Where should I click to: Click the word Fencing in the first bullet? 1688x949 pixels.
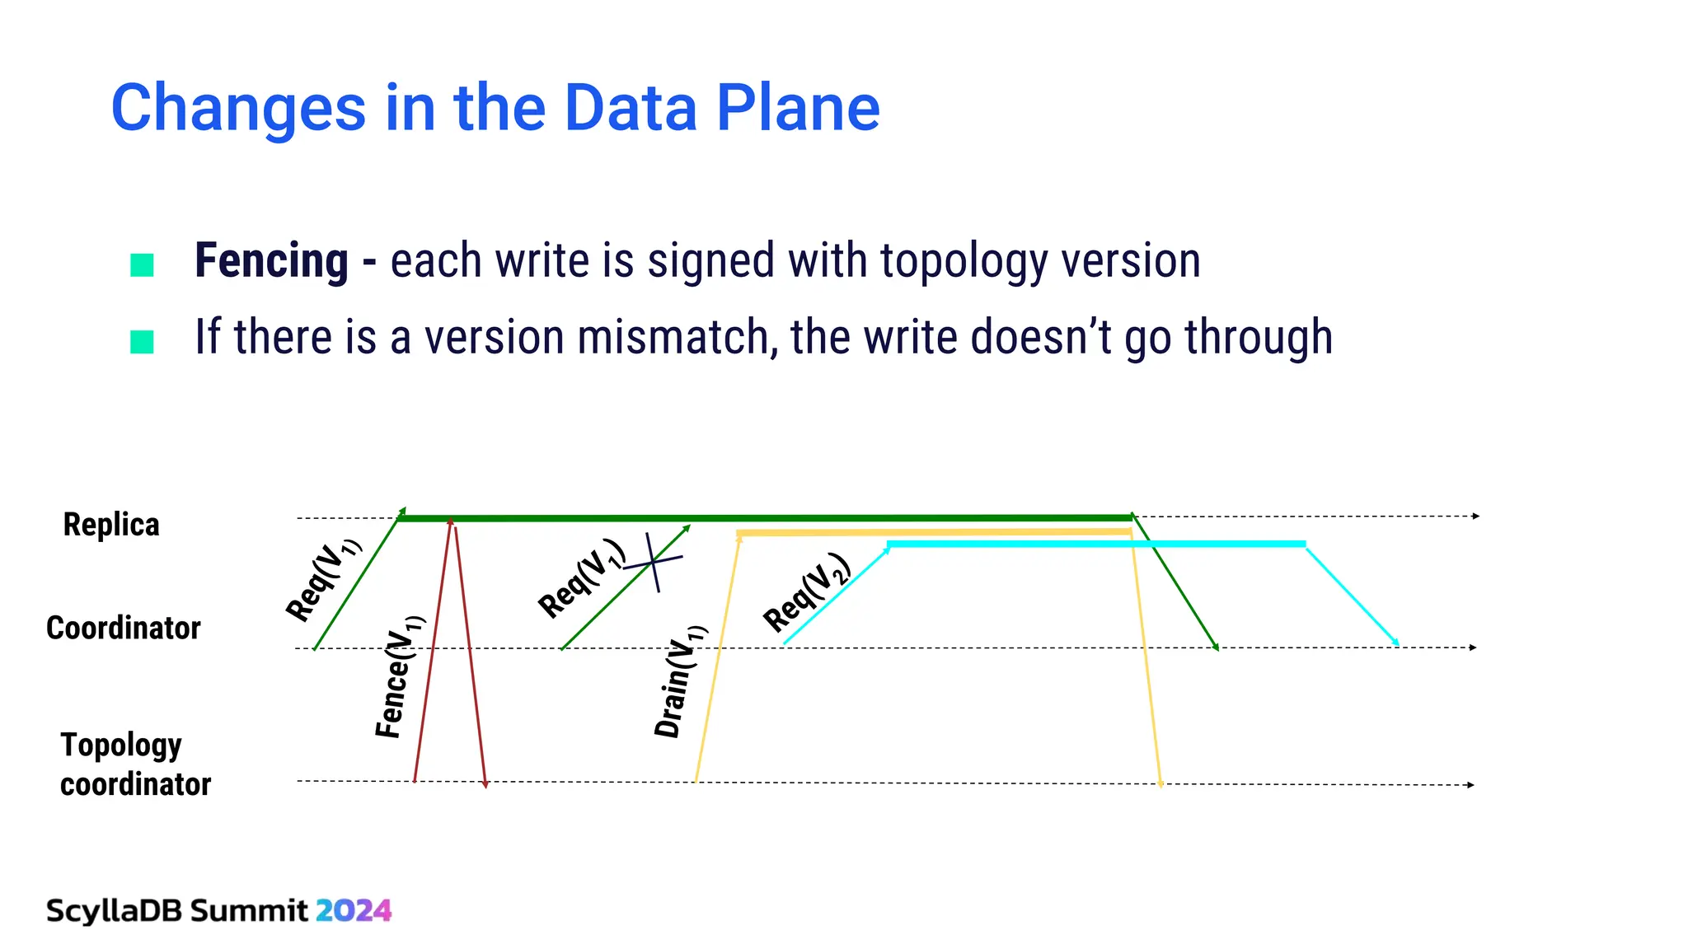[271, 260]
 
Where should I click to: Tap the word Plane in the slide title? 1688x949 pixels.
[798, 108]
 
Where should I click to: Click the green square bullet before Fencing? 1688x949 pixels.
[142, 265]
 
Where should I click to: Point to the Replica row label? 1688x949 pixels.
[111, 525]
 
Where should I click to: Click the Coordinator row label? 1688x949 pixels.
[124, 628]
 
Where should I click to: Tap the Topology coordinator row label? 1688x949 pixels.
[135, 764]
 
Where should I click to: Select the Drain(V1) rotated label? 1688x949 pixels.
[680, 682]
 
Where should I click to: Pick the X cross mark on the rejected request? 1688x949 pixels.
[654, 562]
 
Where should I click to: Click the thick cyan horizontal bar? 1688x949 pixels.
[1096, 544]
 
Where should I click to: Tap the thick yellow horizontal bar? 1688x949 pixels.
[931, 533]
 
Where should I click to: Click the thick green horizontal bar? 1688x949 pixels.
[767, 518]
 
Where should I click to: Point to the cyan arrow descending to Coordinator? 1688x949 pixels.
[1352, 595]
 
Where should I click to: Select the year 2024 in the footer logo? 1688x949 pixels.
[354, 910]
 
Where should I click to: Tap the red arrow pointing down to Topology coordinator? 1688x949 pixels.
[471, 659]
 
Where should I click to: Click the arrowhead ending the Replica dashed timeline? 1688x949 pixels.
[1476, 516]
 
